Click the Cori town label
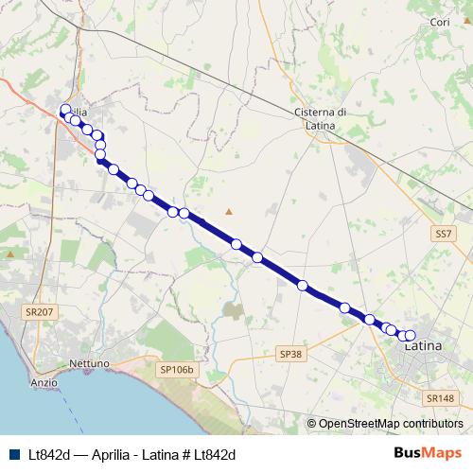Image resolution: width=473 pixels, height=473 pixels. click(440, 22)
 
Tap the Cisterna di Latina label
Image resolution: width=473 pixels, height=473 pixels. click(321, 118)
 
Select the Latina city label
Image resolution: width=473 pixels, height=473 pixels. click(423, 346)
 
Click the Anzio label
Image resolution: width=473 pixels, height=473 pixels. click(44, 382)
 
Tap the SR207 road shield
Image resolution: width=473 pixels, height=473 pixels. click(40, 311)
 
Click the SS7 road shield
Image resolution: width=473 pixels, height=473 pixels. click(444, 232)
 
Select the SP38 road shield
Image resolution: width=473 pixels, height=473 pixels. click(291, 354)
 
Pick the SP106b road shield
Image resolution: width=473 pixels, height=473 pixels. click(176, 369)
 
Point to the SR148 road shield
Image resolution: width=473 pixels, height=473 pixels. click(441, 398)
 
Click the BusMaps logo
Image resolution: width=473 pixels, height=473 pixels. click(428, 454)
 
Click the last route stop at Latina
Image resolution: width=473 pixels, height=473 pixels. click(410, 335)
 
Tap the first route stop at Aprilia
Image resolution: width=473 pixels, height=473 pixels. click(65, 109)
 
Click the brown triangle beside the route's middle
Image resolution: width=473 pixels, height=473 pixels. click(228, 211)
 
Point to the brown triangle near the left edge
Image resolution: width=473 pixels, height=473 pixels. click(10, 254)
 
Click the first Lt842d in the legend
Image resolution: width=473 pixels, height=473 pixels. click(47, 455)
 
